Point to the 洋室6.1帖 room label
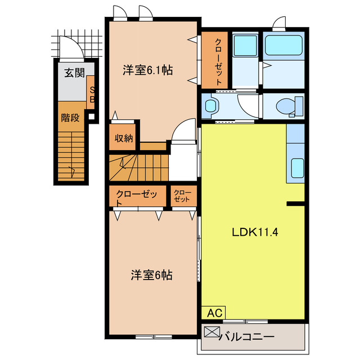[x=147, y=70]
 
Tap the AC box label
[x=214, y=313]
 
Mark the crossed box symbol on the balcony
[x=210, y=332]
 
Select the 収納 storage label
[x=124, y=137]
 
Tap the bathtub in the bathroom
[x=283, y=46]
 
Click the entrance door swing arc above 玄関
[x=72, y=47]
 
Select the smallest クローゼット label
[x=183, y=196]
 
